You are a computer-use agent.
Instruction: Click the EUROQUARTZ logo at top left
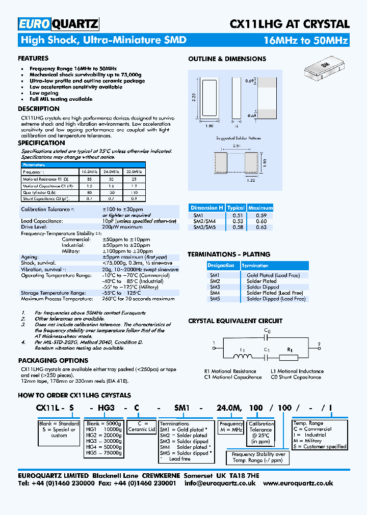(59, 24)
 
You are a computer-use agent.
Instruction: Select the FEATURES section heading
(34, 59)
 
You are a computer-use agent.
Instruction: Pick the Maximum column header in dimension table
(260, 208)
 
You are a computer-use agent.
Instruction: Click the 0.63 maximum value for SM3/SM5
(260, 227)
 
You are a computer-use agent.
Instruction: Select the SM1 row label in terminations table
(215, 275)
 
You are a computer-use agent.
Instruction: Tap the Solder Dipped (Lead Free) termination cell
(276, 299)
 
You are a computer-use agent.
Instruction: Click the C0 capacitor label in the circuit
(267, 331)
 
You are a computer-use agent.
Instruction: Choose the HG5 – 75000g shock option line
(104, 452)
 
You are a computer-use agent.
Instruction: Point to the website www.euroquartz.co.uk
(298, 483)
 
